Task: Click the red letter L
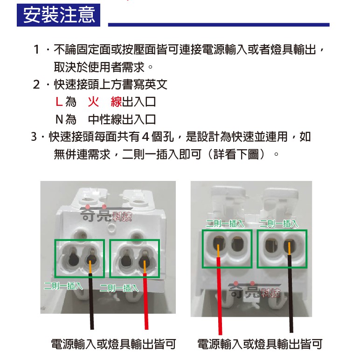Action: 58,102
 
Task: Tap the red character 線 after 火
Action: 116,102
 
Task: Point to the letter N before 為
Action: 59,119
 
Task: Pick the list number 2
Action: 37,84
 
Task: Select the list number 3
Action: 34,137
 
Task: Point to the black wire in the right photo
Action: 291,298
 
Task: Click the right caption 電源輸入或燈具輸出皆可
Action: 260,345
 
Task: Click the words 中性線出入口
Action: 122,119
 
